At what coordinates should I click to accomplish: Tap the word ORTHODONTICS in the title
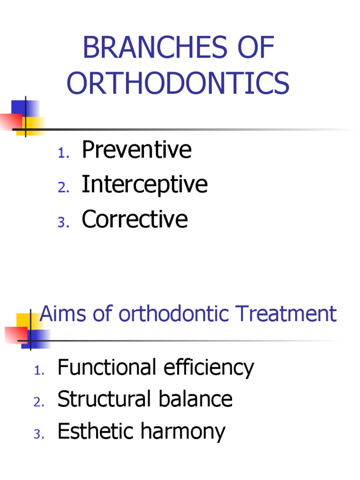pos(178,84)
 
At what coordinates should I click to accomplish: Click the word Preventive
pos(136,150)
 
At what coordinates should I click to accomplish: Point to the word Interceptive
pos(144,184)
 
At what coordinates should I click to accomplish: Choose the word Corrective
pos(135,219)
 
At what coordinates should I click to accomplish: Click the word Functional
pos(107,367)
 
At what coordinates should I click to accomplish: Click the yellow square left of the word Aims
pos(24,322)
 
